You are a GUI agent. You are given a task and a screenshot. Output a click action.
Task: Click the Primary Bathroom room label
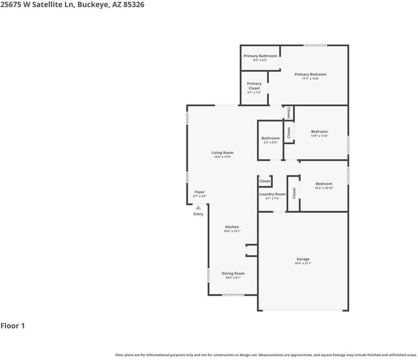click(x=260, y=56)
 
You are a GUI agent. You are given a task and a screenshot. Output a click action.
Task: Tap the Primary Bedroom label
click(x=310, y=74)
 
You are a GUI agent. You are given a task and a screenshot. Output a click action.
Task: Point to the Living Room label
click(x=222, y=152)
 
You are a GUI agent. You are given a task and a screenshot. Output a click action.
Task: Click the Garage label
click(x=303, y=259)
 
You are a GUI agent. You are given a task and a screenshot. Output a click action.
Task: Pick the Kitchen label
click(x=232, y=227)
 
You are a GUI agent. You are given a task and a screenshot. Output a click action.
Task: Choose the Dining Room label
click(x=233, y=273)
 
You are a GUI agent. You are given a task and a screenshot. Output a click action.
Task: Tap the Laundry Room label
click(x=272, y=194)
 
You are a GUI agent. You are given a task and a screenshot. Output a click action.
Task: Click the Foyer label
click(x=200, y=192)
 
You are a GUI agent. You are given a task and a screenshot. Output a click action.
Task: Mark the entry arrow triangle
click(x=198, y=208)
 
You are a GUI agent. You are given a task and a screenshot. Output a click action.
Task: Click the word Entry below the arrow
click(x=198, y=214)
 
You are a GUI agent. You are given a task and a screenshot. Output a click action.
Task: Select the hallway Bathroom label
click(x=270, y=138)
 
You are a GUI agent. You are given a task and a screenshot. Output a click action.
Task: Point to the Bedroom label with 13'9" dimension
click(x=319, y=132)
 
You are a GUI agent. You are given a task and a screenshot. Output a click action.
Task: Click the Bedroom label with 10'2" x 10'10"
click(x=323, y=184)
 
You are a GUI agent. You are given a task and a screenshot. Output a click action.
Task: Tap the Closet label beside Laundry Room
click(x=265, y=181)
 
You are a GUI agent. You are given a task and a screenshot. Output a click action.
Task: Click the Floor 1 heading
click(x=13, y=326)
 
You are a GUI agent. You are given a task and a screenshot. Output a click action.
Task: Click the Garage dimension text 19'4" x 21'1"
click(x=303, y=264)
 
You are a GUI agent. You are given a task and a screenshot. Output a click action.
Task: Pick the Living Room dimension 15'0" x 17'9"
click(x=222, y=157)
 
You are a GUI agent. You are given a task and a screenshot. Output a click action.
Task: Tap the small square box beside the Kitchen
click(x=251, y=250)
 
